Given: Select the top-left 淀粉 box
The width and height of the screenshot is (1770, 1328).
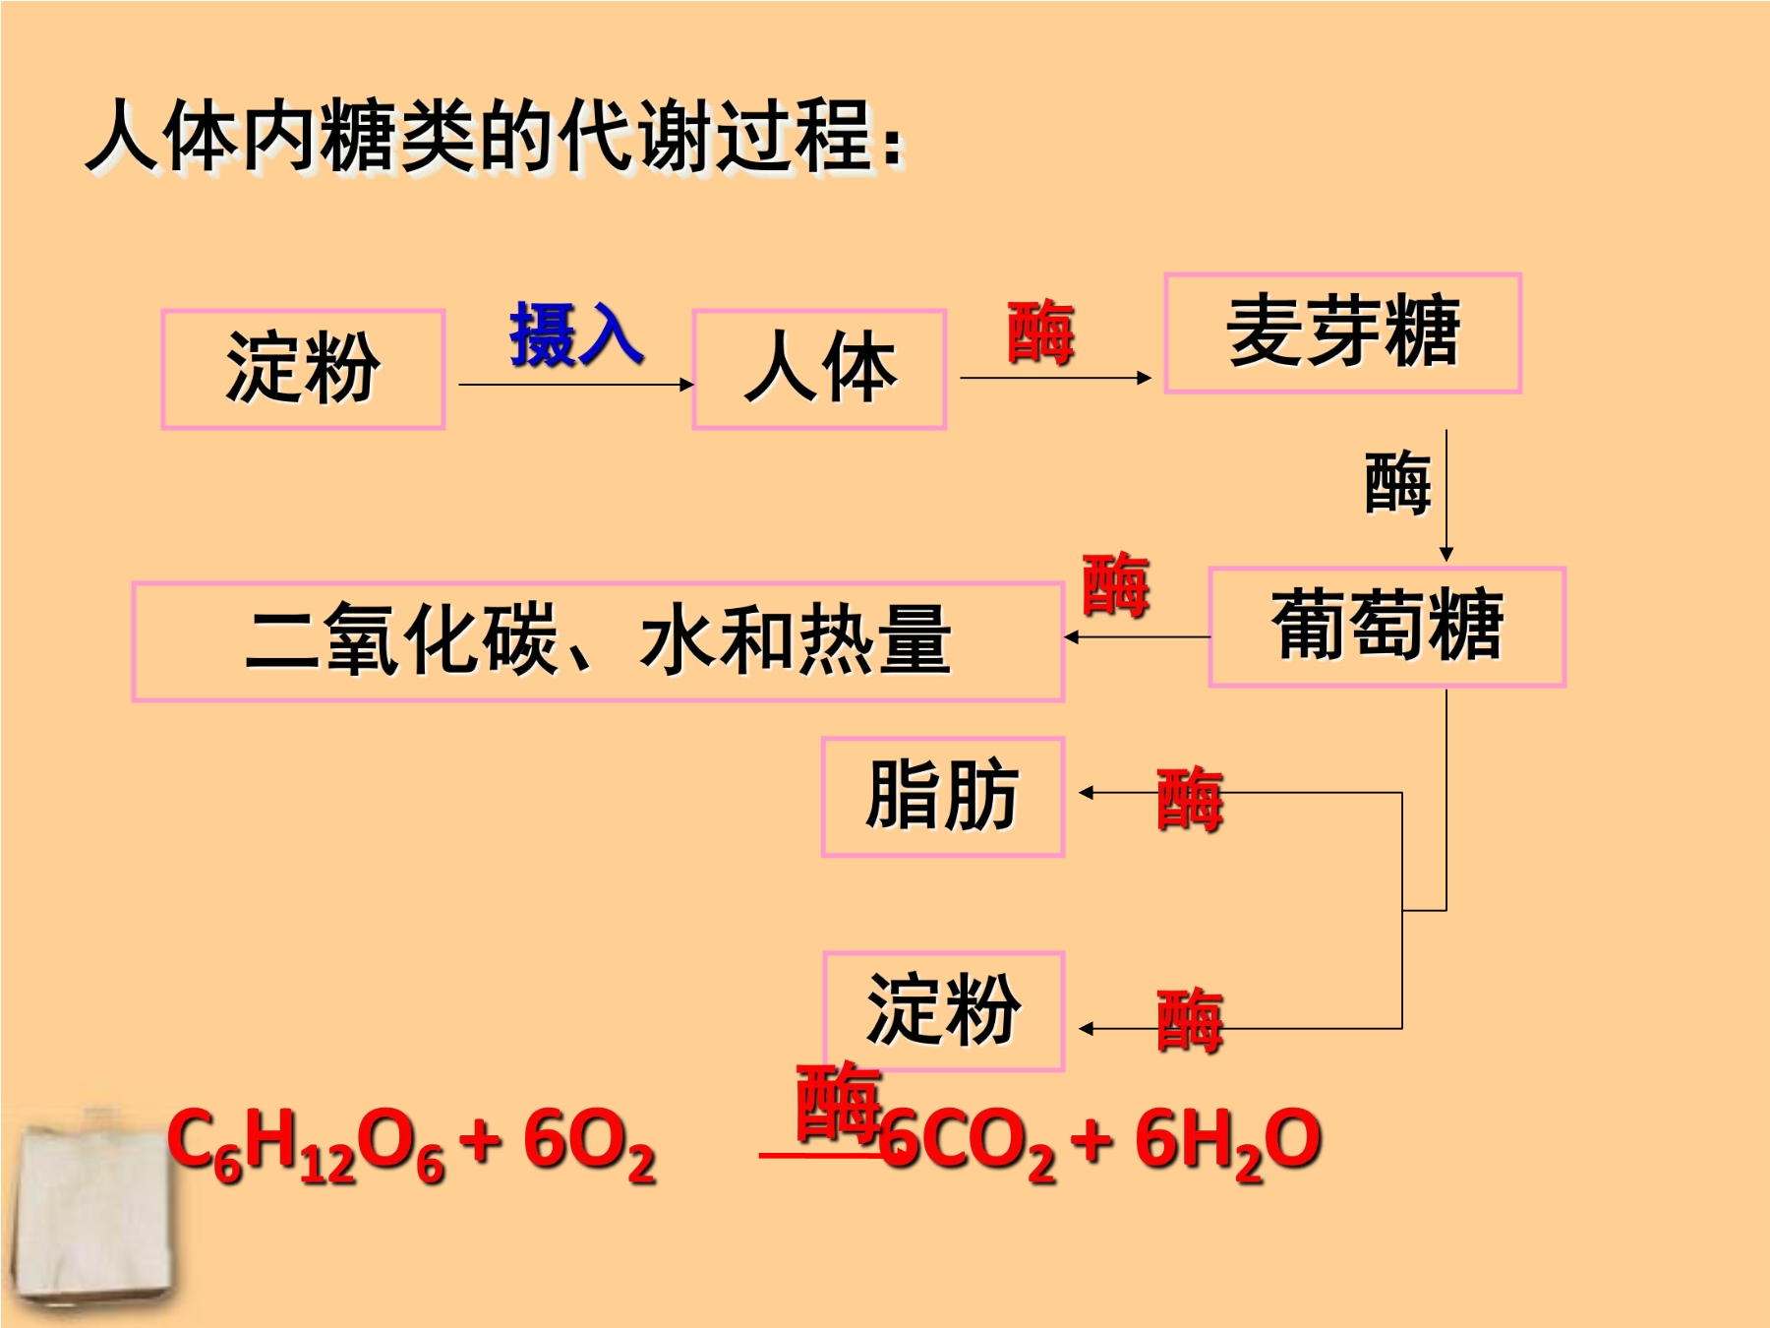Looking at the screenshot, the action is click(x=303, y=369).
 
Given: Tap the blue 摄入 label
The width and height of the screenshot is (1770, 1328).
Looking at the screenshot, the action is click(x=576, y=334).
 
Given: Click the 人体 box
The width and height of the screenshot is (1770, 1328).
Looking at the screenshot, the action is click(x=819, y=369).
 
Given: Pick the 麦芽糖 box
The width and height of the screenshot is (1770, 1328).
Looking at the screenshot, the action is click(x=1342, y=332).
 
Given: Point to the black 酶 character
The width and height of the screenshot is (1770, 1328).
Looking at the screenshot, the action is click(x=1397, y=482).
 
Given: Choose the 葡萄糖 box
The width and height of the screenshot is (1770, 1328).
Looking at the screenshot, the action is click(x=1386, y=626).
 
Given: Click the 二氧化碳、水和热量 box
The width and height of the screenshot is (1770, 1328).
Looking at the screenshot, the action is click(x=598, y=641).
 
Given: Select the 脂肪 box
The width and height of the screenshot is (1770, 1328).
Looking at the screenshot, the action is click(x=943, y=797).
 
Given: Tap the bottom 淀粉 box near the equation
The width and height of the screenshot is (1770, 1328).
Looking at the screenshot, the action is click(x=943, y=1010).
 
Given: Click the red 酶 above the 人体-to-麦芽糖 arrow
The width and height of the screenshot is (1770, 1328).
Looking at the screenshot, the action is click(x=1040, y=332).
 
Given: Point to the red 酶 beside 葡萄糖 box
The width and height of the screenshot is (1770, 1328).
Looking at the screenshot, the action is click(x=1115, y=584).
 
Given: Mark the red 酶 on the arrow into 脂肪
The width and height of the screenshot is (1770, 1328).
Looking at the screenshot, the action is click(x=1190, y=800).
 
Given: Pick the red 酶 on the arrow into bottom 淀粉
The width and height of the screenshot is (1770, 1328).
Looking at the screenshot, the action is click(x=1190, y=1021).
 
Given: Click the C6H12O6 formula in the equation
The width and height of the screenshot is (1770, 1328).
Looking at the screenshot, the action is click(x=306, y=1144).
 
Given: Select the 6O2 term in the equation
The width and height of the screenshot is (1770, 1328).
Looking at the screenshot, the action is click(x=588, y=1144).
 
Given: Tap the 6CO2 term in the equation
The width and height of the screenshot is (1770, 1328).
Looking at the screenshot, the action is click(x=967, y=1144).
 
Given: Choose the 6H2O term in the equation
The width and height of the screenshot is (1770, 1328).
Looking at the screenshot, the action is click(x=1228, y=1144).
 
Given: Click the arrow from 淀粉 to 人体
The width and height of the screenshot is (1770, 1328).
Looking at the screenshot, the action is click(x=577, y=385).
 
